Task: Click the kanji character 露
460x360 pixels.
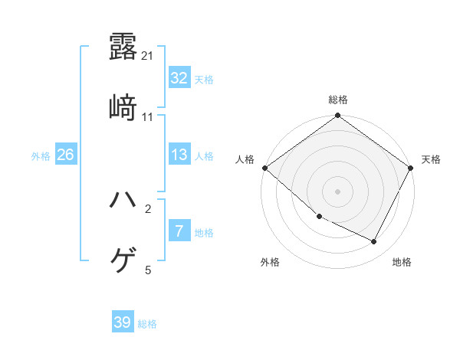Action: pos(123,47)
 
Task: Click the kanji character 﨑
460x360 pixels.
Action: pos(123,108)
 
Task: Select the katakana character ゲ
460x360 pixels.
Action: pos(123,261)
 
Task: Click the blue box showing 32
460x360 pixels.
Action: pos(179,78)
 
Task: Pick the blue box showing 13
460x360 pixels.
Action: pos(179,155)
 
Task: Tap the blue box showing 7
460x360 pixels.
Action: pos(179,231)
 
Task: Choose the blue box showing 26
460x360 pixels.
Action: pos(66,155)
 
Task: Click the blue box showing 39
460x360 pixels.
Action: pos(123,322)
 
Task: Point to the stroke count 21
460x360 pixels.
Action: pos(148,56)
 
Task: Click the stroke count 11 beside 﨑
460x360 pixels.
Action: pos(148,117)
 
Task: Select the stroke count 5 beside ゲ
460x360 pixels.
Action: pos(148,270)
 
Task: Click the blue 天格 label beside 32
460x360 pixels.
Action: pos(204,79)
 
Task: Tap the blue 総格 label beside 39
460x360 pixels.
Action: pos(147,324)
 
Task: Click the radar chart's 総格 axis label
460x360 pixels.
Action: pos(338,100)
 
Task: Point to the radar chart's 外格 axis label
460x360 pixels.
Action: pos(270,263)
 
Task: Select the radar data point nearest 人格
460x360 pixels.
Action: pos(264,168)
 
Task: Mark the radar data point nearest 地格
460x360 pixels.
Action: pos(374,242)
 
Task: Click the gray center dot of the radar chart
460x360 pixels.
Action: pos(338,191)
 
